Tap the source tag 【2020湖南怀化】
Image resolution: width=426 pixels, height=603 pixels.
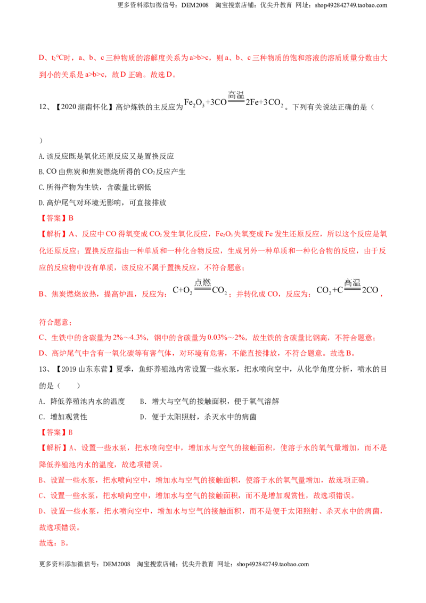pyautogui.click(x=83, y=107)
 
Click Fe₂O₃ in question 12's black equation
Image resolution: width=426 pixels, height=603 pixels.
pyautogui.click(x=194, y=103)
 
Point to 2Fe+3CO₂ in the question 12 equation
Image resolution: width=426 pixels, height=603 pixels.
pyautogui.click(x=265, y=103)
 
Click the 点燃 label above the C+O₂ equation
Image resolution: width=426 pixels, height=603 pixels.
pyautogui.click(x=203, y=283)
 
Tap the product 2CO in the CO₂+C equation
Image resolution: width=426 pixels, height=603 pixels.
pyautogui.click(x=370, y=290)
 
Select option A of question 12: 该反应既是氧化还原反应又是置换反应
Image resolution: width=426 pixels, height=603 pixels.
pyautogui.click(x=106, y=156)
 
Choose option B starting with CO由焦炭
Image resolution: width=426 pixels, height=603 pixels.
pyautogui.click(x=112, y=172)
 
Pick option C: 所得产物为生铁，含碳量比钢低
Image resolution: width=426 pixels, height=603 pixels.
pyautogui.click(x=95, y=188)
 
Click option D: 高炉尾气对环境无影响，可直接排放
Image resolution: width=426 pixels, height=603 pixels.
pyautogui.click(x=103, y=202)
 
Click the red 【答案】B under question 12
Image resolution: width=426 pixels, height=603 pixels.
pyautogui.click(x=56, y=218)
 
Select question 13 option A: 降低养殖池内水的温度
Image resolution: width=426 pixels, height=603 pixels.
pyautogui.click(x=82, y=402)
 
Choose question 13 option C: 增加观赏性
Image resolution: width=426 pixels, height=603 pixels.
pyautogui.click(x=63, y=417)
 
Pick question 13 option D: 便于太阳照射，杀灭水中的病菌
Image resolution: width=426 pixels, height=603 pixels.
pyautogui.click(x=198, y=417)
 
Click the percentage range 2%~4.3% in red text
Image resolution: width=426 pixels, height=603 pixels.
pyautogui.click(x=130, y=338)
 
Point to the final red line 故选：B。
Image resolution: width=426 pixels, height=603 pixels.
pyautogui.click(x=54, y=543)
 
